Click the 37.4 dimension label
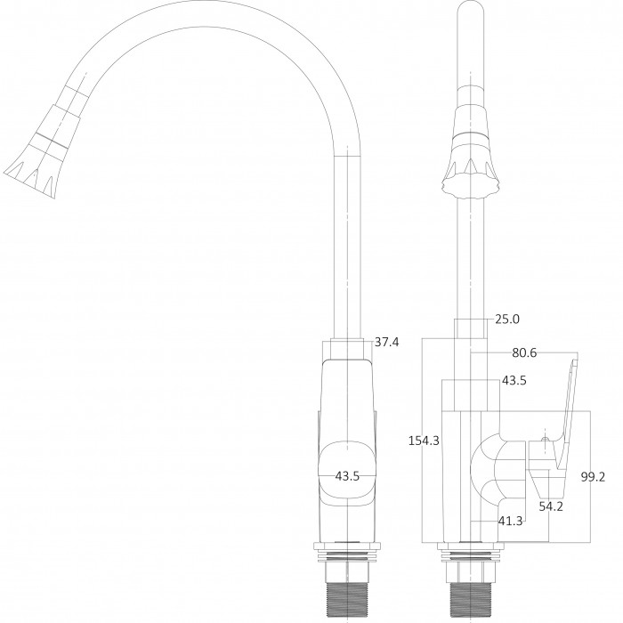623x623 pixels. [386, 342]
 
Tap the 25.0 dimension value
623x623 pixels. [507, 319]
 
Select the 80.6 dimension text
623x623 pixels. [524, 352]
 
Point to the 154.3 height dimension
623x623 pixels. [424, 441]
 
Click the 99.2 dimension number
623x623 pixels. [593, 477]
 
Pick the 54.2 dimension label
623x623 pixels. [551, 506]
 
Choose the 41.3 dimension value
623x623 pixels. [511, 521]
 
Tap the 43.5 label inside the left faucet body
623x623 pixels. [347, 475]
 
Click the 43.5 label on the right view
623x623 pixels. [514, 380]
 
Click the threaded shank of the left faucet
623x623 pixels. [347, 599]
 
